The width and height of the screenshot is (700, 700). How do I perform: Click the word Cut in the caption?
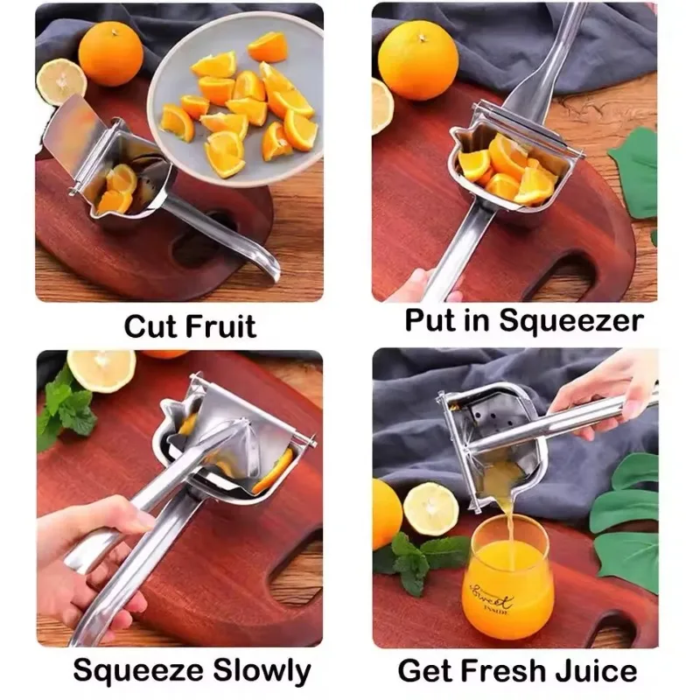tap(151, 326)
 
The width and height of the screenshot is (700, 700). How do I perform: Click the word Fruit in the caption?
tap(220, 326)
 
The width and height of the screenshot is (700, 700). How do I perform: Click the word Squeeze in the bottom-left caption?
tap(136, 671)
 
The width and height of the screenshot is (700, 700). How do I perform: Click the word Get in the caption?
tap(426, 671)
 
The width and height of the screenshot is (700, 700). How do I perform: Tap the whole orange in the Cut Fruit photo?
tap(110, 52)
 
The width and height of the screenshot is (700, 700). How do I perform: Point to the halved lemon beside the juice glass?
tap(430, 508)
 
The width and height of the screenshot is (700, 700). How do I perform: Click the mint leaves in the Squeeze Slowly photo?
tap(66, 409)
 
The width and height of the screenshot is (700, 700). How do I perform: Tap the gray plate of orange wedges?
tap(236, 96)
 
